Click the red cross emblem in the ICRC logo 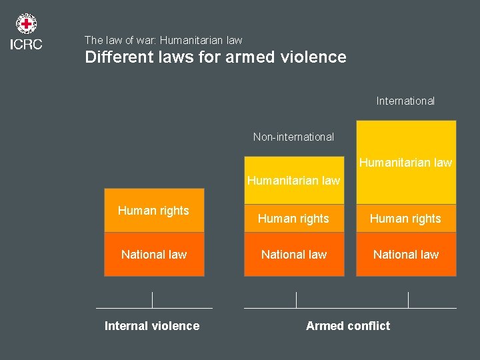(27, 25)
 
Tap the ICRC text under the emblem (27, 45)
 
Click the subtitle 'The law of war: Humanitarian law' (163, 40)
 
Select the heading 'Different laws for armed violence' (215, 57)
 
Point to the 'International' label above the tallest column (405, 101)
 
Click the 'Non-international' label (293, 137)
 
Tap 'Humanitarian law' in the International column (405, 162)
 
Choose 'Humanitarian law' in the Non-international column (293, 180)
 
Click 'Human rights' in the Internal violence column (153, 211)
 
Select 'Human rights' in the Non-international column (293, 219)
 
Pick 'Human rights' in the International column (405, 219)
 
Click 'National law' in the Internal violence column (154, 254)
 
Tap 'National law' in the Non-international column (294, 254)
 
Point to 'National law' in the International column (406, 254)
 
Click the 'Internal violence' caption (152, 326)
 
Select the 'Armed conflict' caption (348, 326)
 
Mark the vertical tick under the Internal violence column (153, 299)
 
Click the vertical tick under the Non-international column (296, 299)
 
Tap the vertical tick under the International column (408, 299)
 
